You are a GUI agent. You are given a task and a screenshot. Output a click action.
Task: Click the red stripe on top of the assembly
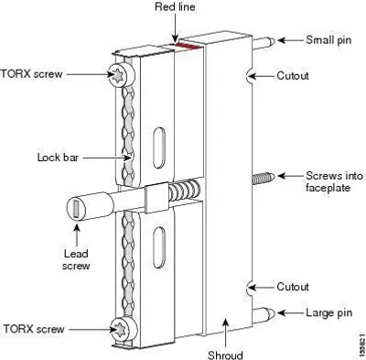187,46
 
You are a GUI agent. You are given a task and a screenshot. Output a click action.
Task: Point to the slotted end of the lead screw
76,209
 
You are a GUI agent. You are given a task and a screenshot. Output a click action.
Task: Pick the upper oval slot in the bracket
159,147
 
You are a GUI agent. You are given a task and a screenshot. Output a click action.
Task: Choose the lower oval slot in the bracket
159,247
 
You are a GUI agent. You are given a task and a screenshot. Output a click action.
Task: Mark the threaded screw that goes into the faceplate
264,178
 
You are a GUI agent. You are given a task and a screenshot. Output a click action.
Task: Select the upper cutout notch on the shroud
249,76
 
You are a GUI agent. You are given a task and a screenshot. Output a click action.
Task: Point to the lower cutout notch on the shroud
249,288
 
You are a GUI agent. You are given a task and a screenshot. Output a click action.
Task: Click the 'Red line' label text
175,6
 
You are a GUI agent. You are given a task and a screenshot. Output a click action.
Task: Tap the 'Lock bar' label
58,158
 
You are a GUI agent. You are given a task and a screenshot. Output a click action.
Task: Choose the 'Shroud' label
225,355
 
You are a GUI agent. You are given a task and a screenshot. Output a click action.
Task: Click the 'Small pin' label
328,40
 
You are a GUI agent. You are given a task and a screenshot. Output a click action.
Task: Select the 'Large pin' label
329,313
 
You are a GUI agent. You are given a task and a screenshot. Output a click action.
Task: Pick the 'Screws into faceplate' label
335,181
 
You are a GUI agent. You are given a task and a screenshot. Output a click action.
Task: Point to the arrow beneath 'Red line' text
176,27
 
